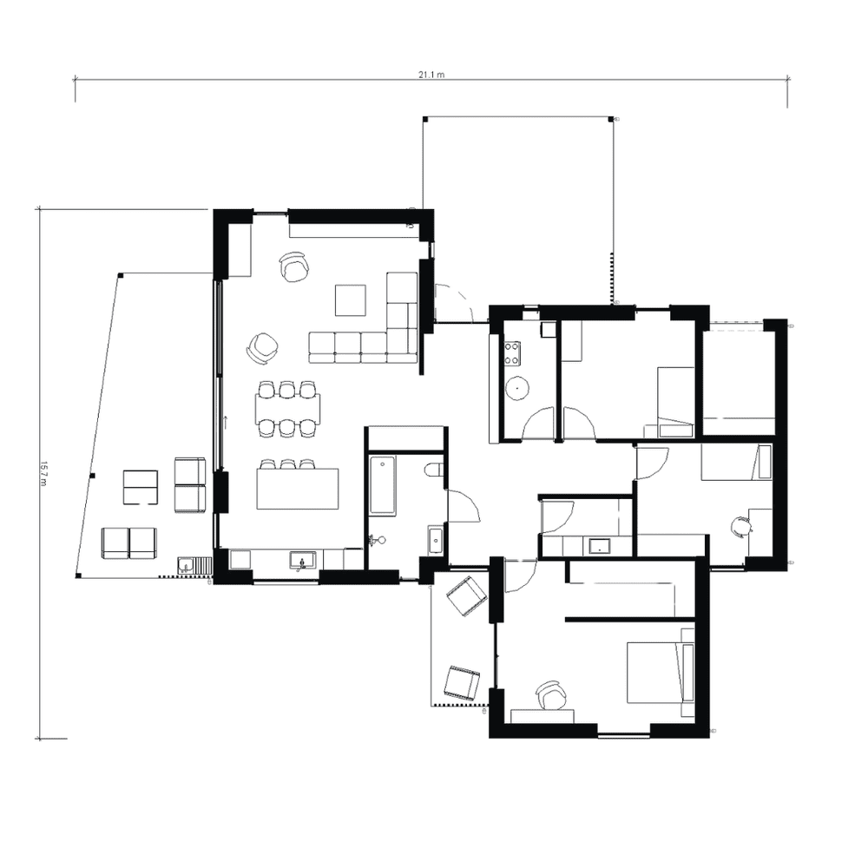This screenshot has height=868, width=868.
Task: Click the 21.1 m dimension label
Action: pyautogui.click(x=431, y=75)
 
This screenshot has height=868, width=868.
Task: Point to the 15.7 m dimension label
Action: pyautogui.click(x=43, y=474)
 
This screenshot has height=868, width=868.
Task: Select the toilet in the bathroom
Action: pyautogui.click(x=434, y=471)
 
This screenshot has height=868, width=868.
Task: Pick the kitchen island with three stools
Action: pyautogui.click(x=297, y=489)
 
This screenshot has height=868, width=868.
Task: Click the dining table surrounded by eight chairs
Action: pyautogui.click(x=287, y=408)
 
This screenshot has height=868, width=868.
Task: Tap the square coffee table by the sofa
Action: pyautogui.click(x=351, y=300)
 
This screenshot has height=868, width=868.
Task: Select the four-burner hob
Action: pyautogui.click(x=512, y=352)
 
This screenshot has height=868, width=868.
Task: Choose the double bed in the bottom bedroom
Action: pyautogui.click(x=660, y=673)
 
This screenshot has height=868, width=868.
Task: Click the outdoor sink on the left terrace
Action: pyautogui.click(x=186, y=567)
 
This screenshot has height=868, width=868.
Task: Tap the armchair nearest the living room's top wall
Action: pyautogui.click(x=294, y=266)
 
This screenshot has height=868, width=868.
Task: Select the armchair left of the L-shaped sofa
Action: pyautogui.click(x=260, y=348)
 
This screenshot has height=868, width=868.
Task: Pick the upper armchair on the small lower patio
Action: pyautogui.click(x=466, y=596)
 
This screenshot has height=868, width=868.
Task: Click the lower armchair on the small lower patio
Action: pyautogui.click(x=461, y=682)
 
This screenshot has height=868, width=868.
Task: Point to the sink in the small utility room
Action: pyautogui.click(x=599, y=546)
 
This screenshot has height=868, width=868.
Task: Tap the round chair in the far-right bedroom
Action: pyautogui.click(x=741, y=526)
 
